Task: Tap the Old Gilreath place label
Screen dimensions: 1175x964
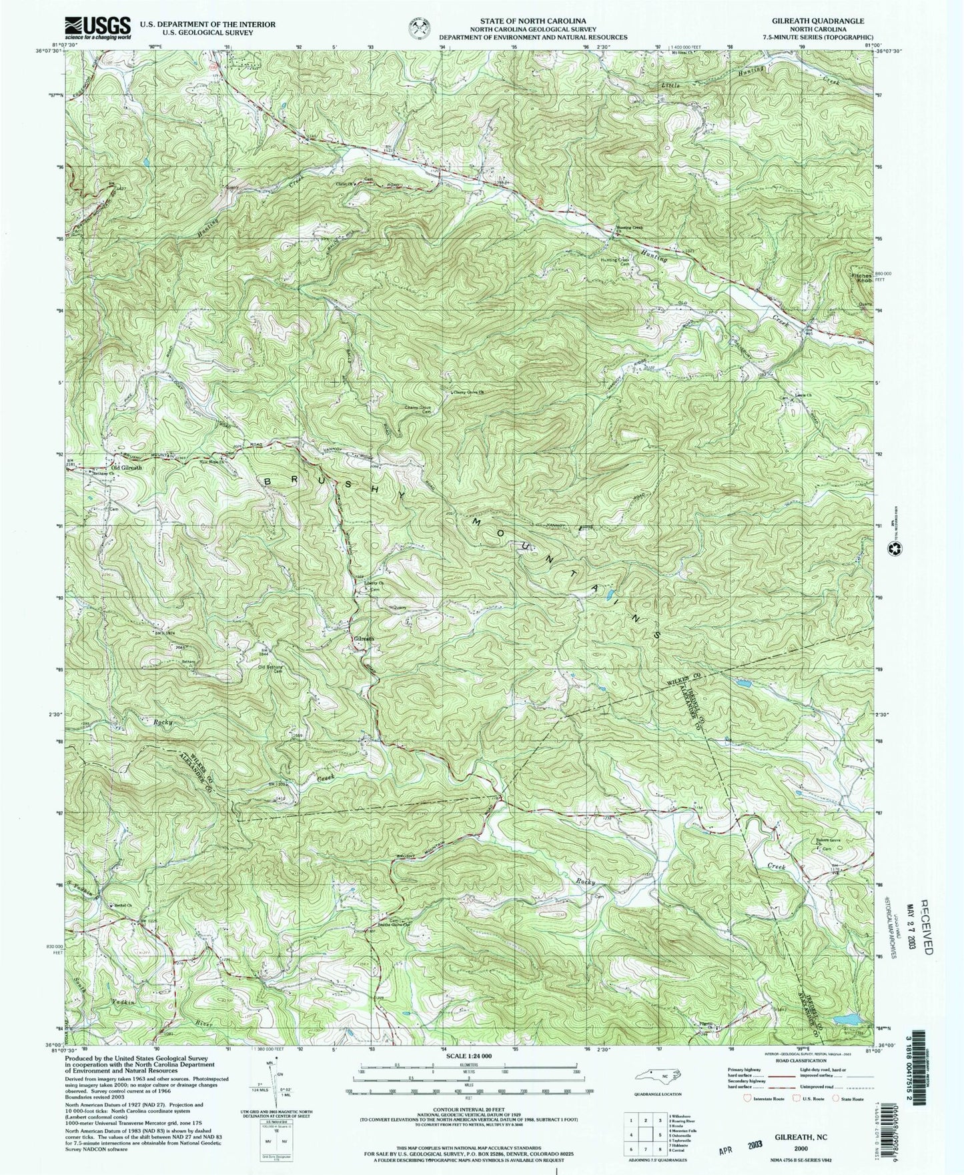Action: (x=126, y=467)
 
